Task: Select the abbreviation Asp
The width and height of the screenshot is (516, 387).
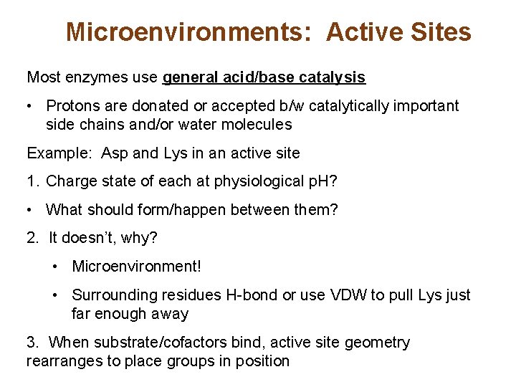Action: [115, 153]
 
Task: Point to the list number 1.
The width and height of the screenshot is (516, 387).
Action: [32, 181]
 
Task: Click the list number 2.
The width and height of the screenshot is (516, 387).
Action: [32, 238]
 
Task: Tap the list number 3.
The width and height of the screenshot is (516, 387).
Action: [32, 343]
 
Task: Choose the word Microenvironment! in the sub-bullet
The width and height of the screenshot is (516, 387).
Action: [137, 267]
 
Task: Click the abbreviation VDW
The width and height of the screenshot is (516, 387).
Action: [347, 295]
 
